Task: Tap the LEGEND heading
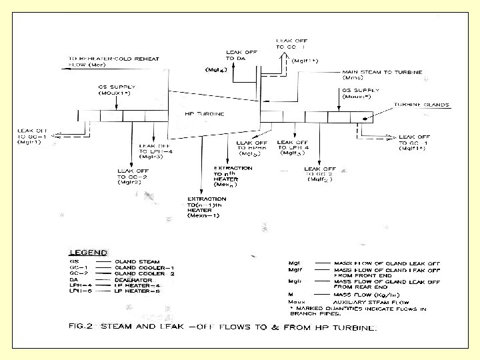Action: click(x=89, y=253)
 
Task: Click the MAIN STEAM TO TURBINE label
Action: click(x=381, y=72)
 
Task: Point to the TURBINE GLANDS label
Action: click(x=421, y=105)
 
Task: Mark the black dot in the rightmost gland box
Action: click(x=364, y=117)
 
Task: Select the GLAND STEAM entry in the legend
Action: click(x=137, y=263)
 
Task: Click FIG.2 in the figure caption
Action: click(x=82, y=327)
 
